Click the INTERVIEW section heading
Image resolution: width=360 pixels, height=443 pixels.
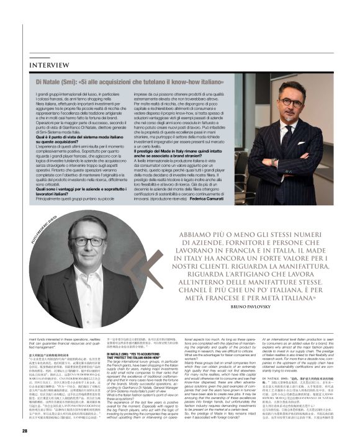tap(50, 65)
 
